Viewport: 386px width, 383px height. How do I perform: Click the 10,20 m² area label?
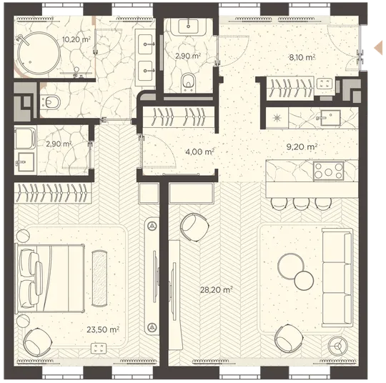pyautogui.click(x=76, y=39)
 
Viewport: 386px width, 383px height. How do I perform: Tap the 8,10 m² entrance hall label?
pyautogui.click(x=302, y=57)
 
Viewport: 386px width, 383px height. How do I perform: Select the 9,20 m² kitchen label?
pyautogui.click(x=302, y=146)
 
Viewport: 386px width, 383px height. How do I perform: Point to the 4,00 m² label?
pyautogui.click(x=199, y=151)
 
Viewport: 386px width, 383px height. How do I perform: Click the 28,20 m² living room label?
pyautogui.click(x=217, y=289)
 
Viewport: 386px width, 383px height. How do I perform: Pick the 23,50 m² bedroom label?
pyautogui.click(x=103, y=329)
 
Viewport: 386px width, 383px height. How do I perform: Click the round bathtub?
pyautogui.click(x=39, y=53)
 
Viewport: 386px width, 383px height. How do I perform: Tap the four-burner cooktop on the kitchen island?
pyautogui.click(x=328, y=171)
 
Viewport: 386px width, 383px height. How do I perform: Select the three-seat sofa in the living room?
pyautogui.click(x=337, y=278)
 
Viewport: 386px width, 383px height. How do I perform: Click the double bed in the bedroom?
pyautogui.click(x=50, y=279)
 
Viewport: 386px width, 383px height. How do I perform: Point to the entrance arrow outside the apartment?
pyautogui.click(x=378, y=47)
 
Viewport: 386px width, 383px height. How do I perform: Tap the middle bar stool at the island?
pyautogui.click(x=301, y=204)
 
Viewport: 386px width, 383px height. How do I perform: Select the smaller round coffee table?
pyautogui.click(x=304, y=280)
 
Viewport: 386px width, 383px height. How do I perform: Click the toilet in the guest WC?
pyautogui.click(x=188, y=82)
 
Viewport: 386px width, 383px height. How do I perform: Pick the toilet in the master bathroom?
pyautogui.click(x=51, y=102)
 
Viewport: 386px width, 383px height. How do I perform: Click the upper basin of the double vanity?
pyautogui.click(x=146, y=44)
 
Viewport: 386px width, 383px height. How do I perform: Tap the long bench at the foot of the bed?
pyautogui.click(x=99, y=279)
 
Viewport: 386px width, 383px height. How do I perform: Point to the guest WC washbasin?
pyautogui.click(x=188, y=26)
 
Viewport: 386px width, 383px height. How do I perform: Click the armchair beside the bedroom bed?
pyautogui.click(x=37, y=342)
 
